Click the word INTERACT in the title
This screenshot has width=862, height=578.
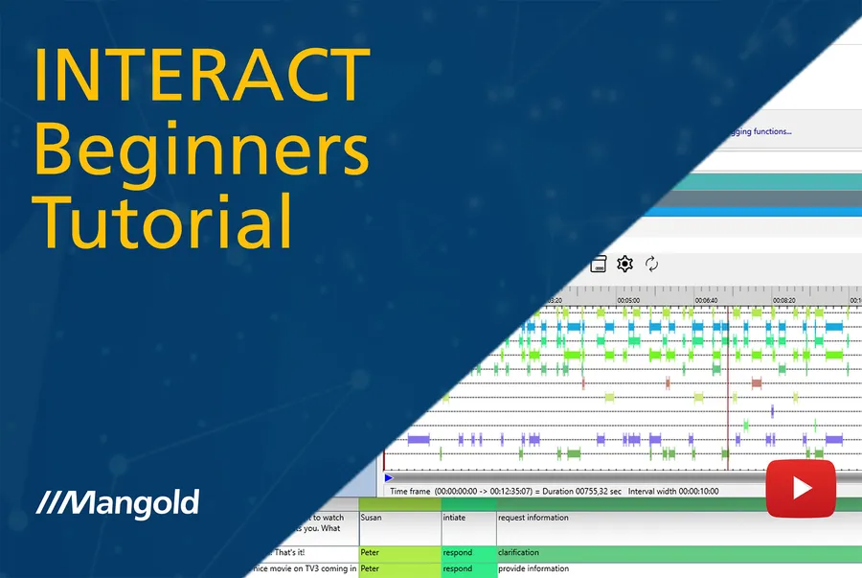point(202,73)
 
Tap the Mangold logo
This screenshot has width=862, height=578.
point(118,501)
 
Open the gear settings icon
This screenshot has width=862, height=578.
point(624,264)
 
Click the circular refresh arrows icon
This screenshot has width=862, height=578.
point(652,264)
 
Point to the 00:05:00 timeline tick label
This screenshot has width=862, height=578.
point(628,300)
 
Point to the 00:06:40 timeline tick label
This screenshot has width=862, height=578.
point(706,300)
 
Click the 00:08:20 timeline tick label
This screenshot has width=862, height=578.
point(784,300)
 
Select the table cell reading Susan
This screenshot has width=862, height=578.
point(371,518)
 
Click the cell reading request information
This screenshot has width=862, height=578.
point(533,518)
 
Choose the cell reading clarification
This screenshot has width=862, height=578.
point(518,552)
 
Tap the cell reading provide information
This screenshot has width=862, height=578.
point(533,568)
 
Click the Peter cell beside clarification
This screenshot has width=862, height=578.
point(371,552)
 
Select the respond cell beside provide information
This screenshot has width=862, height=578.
point(457,568)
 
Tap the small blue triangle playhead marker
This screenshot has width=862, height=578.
point(388,477)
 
